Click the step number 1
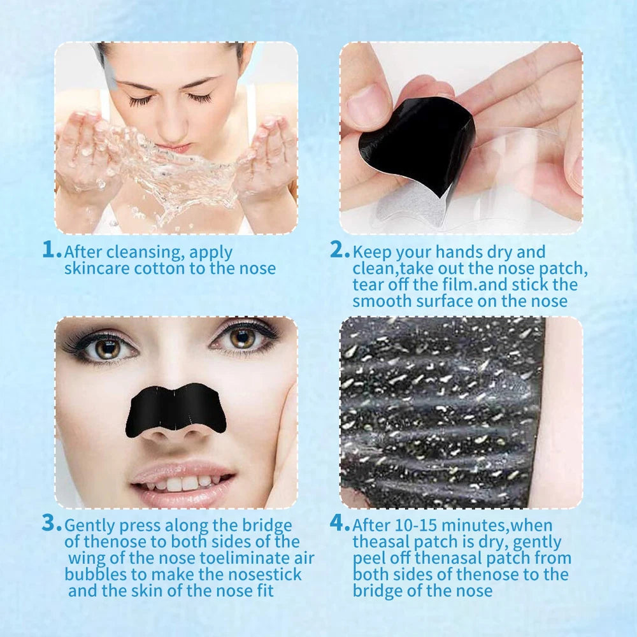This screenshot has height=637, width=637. [51, 249]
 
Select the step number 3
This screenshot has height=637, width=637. [51, 524]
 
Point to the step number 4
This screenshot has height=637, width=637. [339, 524]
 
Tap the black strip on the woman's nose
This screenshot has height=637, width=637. [175, 408]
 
